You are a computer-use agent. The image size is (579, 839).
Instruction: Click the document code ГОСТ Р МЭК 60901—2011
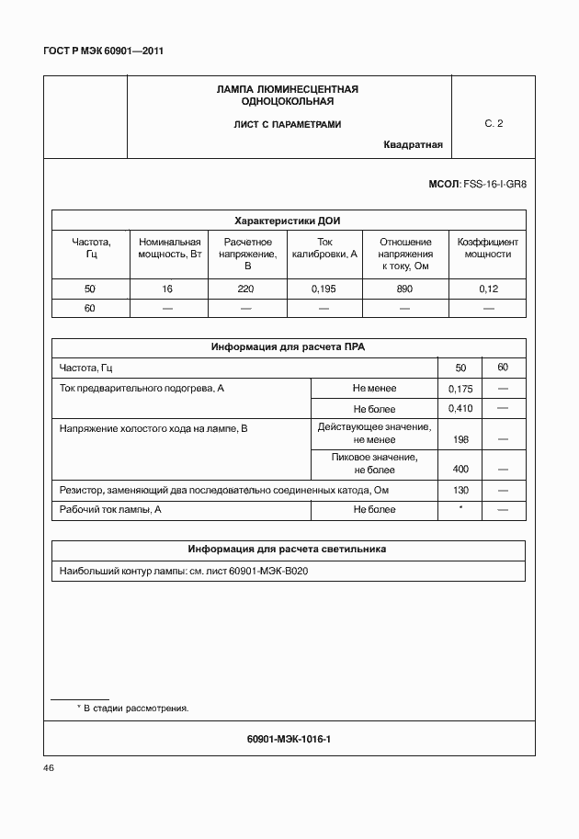coord(103,52)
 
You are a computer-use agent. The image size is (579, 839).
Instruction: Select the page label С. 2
coord(494,123)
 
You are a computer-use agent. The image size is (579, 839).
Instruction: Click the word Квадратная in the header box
coord(413,144)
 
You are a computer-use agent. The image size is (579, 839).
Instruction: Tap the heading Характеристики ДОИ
coord(288,221)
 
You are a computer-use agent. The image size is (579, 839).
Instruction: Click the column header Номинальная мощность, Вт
coord(169,248)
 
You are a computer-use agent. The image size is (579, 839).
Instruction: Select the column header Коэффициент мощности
coord(487,248)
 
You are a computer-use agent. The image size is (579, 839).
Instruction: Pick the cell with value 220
coord(245,289)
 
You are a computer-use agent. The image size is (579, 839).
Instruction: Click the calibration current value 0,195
coord(324,289)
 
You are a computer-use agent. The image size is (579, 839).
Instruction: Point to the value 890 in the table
coord(404,289)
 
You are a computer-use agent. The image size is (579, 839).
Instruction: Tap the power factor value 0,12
coord(487,289)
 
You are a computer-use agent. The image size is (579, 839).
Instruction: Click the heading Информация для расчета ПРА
coord(288,347)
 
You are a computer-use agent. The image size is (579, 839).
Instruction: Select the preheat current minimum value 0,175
coord(460,389)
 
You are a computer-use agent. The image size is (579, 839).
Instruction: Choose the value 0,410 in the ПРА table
coord(460,408)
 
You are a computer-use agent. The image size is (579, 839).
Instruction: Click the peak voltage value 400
coord(461,469)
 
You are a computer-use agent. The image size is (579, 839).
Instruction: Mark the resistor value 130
coord(461,490)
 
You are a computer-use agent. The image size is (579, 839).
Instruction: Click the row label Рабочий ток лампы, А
coord(110,509)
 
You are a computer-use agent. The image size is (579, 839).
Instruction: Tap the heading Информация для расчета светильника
coord(287,549)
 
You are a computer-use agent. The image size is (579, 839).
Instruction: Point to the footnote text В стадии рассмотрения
coord(134,709)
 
